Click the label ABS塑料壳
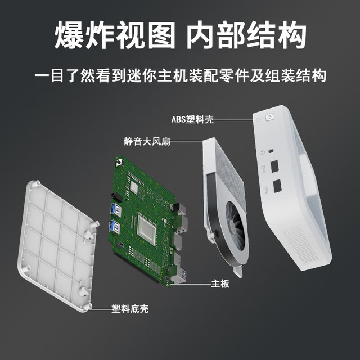click(192, 119)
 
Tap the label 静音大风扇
click(147, 141)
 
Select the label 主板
click(220, 283)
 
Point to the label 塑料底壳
click(130, 309)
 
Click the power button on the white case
click(269, 117)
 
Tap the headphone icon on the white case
click(263, 152)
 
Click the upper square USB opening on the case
click(274, 166)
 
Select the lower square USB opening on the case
click(277, 186)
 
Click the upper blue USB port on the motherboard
click(116, 209)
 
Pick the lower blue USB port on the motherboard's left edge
click(115, 227)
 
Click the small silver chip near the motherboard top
click(134, 186)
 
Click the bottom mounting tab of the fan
click(238, 271)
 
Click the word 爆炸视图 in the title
click(115, 35)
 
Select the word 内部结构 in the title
click(246, 35)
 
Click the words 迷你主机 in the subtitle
click(157, 75)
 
